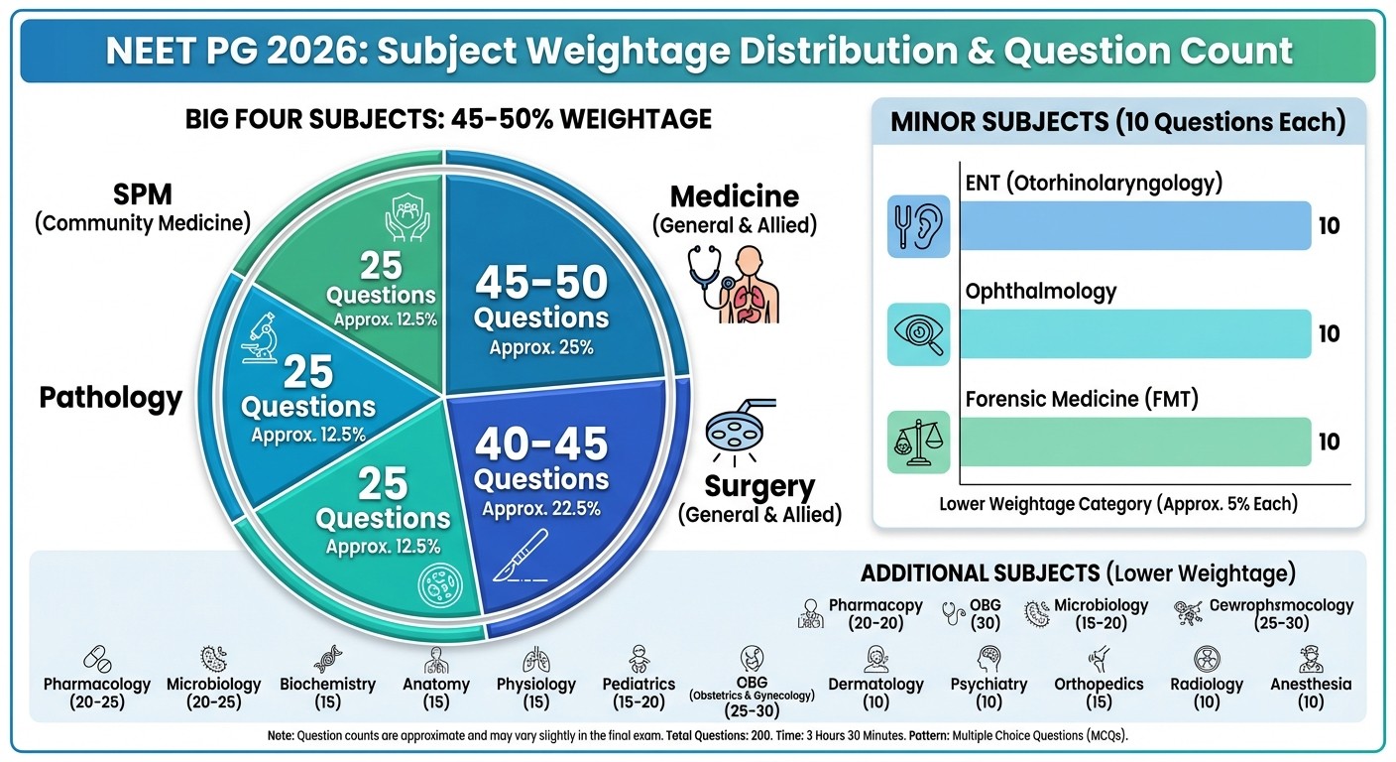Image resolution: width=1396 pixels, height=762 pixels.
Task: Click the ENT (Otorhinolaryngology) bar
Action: pos(1135,225)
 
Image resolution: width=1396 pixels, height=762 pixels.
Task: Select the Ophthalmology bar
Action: pos(1135,333)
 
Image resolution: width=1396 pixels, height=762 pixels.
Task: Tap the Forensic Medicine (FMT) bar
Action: pos(1135,442)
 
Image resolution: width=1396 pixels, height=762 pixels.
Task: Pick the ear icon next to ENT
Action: pos(919,226)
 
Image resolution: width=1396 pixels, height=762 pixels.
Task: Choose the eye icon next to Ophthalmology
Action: pos(919,334)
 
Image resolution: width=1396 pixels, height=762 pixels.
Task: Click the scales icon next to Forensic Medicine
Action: pos(919,442)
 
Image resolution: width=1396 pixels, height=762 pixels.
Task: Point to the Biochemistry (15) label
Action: pos(327,693)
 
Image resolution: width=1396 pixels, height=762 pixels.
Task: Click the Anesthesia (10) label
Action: pos(1311,693)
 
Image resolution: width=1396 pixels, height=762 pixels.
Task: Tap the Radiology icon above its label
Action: pos(1207,659)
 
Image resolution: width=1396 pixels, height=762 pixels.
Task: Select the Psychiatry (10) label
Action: pos(989,693)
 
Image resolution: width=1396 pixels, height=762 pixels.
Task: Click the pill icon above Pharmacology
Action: pos(97,659)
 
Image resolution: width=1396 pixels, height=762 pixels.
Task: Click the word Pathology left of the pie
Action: pos(111,398)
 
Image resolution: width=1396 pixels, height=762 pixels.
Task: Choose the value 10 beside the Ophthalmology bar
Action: pos(1329,333)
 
